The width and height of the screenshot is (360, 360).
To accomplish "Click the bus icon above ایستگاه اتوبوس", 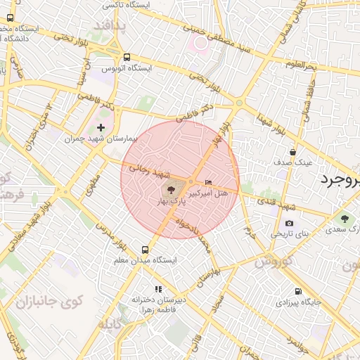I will click(127, 58).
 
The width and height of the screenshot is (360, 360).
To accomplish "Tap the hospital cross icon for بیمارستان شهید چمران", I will click(101, 127).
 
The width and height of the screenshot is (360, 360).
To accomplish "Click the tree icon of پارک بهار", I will click(170, 190).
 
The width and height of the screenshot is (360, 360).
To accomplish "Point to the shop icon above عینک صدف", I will click(293, 151).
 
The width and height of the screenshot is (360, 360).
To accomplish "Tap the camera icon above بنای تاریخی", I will click(290, 223).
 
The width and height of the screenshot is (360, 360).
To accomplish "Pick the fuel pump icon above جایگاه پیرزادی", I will click(298, 292).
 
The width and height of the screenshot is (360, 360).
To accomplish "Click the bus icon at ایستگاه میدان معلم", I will click(146, 250).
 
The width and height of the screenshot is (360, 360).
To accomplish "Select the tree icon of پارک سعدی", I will click(344, 218).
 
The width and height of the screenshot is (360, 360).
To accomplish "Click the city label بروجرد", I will click(340, 179).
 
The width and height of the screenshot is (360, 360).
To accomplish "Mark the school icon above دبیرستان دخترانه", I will click(158, 289).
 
